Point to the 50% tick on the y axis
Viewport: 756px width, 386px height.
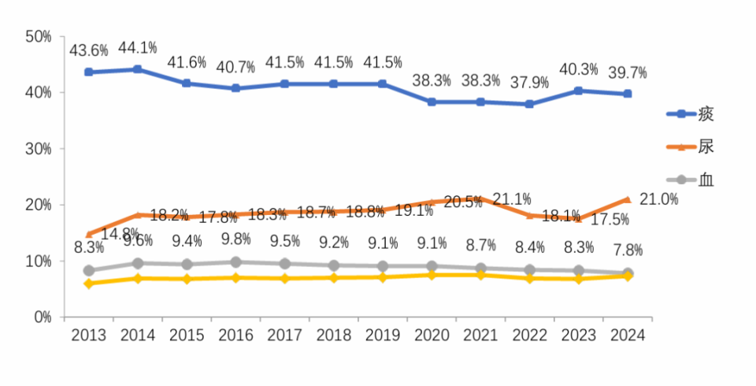38,36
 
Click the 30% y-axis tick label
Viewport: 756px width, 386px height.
38,148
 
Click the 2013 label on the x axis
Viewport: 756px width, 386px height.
89,336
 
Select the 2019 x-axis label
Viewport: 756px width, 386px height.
382,336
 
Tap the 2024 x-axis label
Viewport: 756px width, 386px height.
627,336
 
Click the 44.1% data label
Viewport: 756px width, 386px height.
138,49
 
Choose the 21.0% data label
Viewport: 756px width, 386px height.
659,199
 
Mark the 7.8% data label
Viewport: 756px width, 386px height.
628,251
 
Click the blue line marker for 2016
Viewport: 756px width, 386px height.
235,88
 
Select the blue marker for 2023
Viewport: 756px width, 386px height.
578,91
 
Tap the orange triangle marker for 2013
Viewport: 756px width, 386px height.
89,234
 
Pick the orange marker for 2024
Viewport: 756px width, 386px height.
627,199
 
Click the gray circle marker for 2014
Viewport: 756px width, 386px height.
138,263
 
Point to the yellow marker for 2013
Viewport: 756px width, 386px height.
89,283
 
